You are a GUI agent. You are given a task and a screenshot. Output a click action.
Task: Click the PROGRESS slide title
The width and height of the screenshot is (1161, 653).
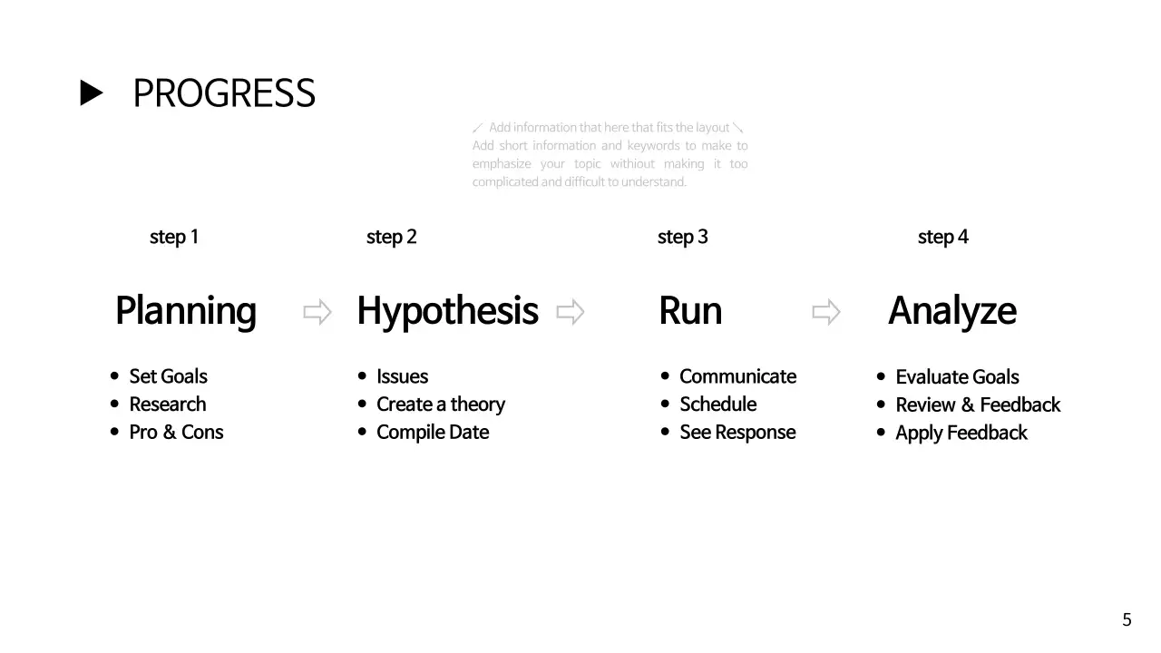(x=224, y=93)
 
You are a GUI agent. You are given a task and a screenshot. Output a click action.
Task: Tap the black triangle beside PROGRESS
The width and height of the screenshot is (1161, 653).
(x=92, y=93)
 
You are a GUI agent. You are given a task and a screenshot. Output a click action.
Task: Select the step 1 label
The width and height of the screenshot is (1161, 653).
(x=174, y=237)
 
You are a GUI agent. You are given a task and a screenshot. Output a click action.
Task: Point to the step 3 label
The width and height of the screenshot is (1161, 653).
(x=682, y=237)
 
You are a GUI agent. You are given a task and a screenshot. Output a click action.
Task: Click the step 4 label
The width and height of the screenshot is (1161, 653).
(x=942, y=237)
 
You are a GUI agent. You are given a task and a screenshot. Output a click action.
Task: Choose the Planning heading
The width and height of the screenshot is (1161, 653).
(x=186, y=311)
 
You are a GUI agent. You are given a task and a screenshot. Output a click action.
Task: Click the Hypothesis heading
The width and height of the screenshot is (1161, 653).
(x=447, y=311)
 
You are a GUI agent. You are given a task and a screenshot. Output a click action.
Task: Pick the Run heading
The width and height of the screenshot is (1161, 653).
(x=690, y=311)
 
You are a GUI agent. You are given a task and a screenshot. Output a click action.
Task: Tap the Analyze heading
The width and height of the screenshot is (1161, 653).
(x=951, y=311)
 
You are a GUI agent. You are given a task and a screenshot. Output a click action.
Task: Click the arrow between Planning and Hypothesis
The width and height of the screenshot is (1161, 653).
(x=317, y=312)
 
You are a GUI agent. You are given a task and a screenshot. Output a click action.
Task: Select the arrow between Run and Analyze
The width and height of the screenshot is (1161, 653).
(x=826, y=312)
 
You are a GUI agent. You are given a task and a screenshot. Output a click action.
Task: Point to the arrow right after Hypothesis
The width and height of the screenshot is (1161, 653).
(x=571, y=312)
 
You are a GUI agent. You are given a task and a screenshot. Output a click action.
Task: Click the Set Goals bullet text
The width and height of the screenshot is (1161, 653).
(x=168, y=376)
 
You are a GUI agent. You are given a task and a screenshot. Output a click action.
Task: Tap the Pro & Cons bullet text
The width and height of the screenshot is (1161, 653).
(x=176, y=432)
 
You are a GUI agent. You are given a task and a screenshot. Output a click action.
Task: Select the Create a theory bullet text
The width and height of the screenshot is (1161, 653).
(x=441, y=404)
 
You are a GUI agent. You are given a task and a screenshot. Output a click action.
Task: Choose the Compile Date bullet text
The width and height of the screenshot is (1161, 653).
(x=433, y=432)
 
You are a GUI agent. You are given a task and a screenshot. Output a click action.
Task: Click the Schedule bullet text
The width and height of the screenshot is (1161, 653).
(x=717, y=404)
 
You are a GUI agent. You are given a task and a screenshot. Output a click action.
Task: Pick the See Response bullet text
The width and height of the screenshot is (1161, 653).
(x=737, y=432)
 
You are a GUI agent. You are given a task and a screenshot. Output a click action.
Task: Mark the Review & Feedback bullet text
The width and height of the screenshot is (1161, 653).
(x=978, y=404)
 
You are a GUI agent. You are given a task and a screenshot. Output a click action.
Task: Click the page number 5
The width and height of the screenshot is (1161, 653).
(x=1127, y=620)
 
